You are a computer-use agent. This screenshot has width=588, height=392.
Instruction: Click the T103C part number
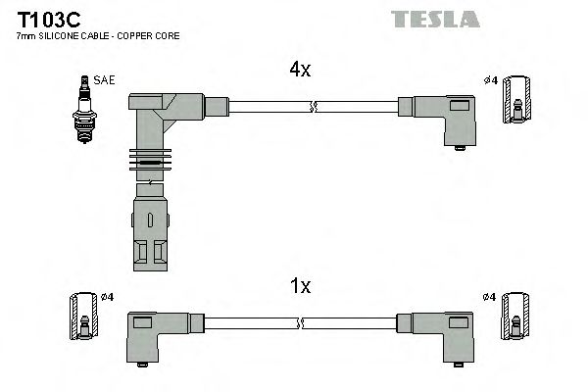(x=45, y=20)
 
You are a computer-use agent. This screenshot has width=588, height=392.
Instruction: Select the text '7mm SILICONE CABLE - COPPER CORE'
(x=98, y=36)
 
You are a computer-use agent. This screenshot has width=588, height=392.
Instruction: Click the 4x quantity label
(x=300, y=70)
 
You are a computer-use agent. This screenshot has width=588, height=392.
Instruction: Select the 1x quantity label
(x=300, y=286)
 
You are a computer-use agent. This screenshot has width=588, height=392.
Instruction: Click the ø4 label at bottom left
(x=108, y=297)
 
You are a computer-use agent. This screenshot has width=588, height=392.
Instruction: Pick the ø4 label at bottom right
(x=490, y=297)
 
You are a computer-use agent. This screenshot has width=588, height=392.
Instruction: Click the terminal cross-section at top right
(x=516, y=102)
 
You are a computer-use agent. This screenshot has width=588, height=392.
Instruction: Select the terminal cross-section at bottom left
(x=84, y=319)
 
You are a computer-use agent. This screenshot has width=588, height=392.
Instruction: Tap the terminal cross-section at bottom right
(x=516, y=319)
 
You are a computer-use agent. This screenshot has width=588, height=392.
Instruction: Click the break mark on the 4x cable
(x=312, y=106)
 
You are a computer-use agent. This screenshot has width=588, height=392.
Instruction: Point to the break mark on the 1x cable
(x=300, y=323)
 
